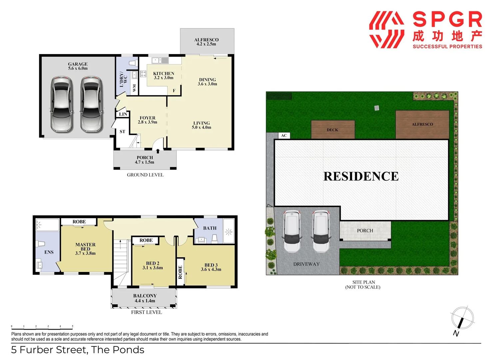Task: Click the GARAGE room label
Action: point(78,66)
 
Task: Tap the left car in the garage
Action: point(62,104)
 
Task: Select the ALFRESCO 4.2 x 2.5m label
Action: point(206,42)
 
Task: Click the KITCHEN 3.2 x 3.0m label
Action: point(164,75)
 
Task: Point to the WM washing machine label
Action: point(134,88)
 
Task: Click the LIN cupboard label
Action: point(123,114)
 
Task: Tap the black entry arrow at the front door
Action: point(158,151)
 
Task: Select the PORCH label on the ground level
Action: point(145,160)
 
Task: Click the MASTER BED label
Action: point(85,249)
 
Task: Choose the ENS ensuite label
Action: point(49,252)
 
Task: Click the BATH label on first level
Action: point(210,228)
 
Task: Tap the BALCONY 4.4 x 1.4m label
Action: point(145,298)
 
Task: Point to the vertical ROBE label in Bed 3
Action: point(180,272)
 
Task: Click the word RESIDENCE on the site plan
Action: point(361,176)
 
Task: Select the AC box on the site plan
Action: point(284,135)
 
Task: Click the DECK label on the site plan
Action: point(332,130)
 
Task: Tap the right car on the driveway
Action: point(321,231)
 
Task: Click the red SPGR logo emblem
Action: point(386,30)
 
